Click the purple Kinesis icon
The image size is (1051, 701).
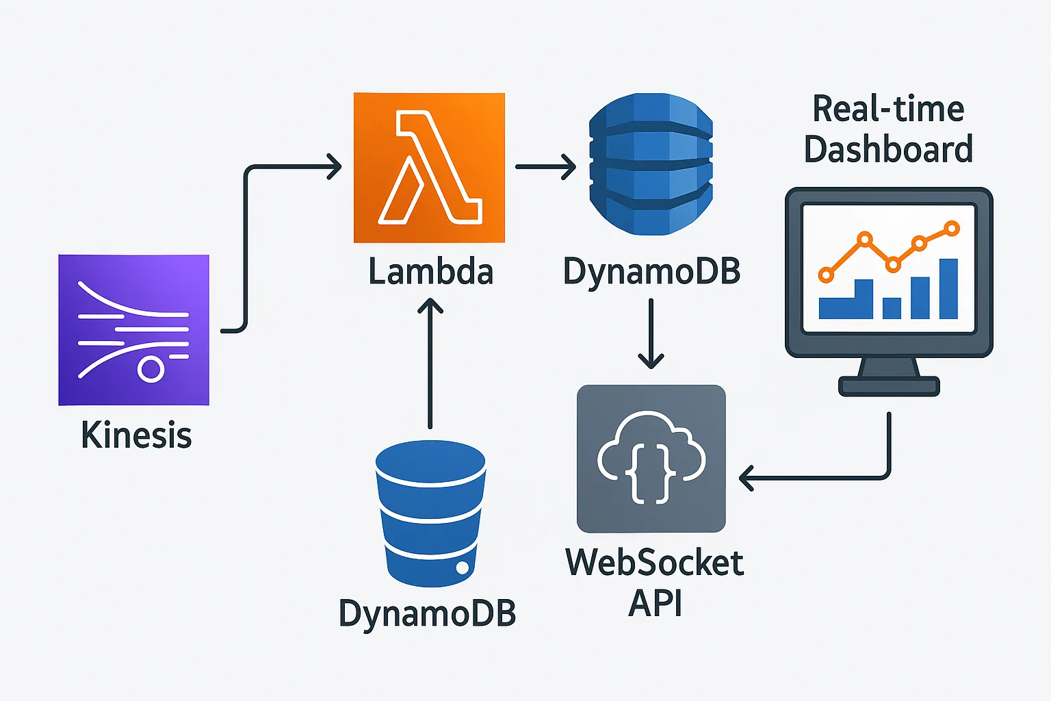(x=133, y=330)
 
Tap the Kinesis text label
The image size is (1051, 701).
(x=136, y=435)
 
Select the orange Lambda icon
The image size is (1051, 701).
(x=429, y=168)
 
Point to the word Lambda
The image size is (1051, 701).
(x=430, y=272)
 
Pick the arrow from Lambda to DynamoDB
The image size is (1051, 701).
(x=545, y=166)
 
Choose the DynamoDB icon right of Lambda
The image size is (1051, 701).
(x=651, y=164)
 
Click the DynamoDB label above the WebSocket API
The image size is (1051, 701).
(x=651, y=272)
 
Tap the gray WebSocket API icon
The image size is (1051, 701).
(x=651, y=459)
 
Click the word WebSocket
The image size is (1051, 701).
(x=654, y=563)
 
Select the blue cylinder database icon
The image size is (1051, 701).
(x=430, y=513)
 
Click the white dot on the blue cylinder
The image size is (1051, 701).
(x=463, y=568)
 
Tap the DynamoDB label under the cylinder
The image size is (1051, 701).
(x=427, y=613)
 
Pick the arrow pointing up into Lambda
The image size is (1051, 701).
(x=430, y=363)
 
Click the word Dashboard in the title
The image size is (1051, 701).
(x=888, y=149)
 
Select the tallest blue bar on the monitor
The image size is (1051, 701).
(x=948, y=288)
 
